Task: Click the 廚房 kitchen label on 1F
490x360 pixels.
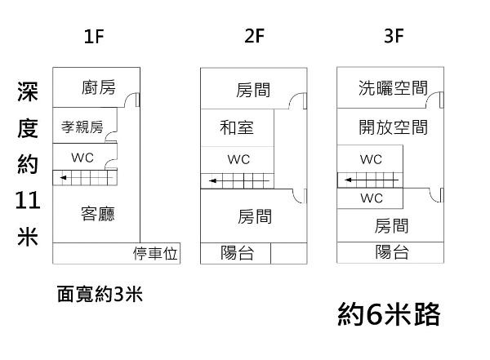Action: tap(99, 88)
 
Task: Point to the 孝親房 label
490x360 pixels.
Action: tap(82, 127)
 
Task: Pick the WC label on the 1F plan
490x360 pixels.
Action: tap(82, 157)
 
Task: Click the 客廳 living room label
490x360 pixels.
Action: tap(98, 214)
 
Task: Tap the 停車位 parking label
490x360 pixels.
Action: tap(155, 254)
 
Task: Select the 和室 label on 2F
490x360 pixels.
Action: tap(237, 127)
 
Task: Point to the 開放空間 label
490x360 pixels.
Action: tap(393, 127)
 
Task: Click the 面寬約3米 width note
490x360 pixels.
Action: tap(100, 294)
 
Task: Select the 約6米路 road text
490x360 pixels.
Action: tap(390, 313)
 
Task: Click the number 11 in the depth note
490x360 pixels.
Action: tap(27, 198)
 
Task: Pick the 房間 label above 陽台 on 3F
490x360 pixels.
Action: tap(392, 226)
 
